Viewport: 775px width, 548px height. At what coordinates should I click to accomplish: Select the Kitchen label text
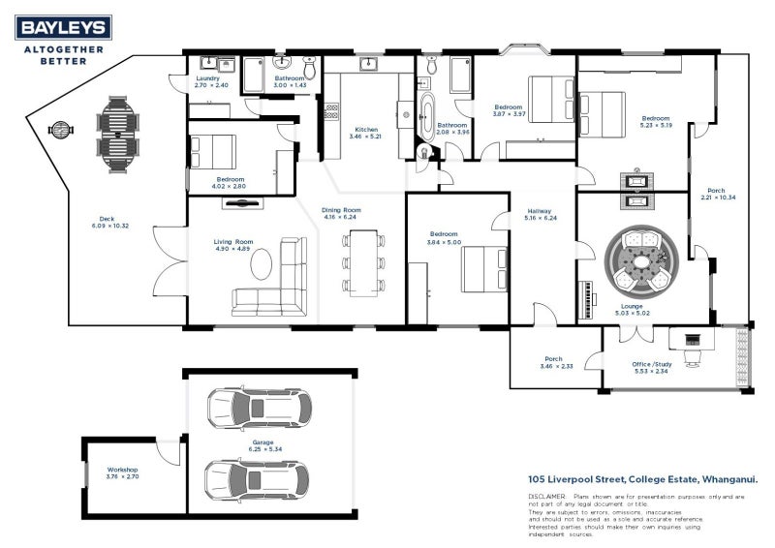365,130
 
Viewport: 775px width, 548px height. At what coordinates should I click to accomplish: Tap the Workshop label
122,470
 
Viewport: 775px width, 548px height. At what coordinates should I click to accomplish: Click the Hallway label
540,211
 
